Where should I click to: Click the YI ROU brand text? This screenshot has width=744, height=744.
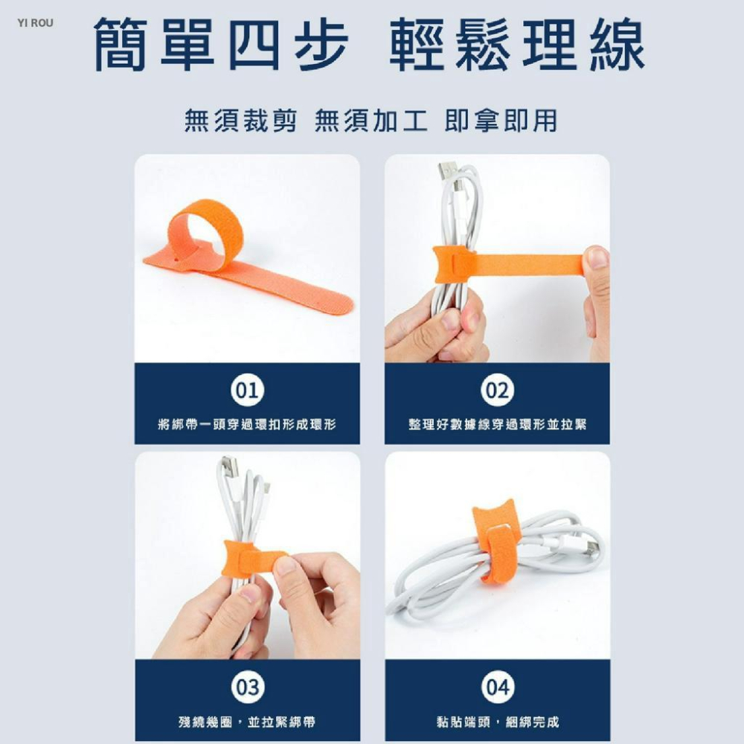pyautogui.click(x=36, y=23)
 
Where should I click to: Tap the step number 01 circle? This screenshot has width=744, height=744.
pyautogui.click(x=248, y=391)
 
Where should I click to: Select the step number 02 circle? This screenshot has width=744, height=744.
pyautogui.click(x=498, y=391)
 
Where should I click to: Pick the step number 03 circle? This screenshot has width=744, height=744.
pyautogui.click(x=248, y=688)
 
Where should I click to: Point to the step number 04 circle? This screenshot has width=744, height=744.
pyautogui.click(x=498, y=688)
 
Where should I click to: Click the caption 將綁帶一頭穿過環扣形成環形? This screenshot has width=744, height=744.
pyautogui.click(x=247, y=424)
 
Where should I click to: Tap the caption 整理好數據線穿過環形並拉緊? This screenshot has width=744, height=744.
pyautogui.click(x=497, y=424)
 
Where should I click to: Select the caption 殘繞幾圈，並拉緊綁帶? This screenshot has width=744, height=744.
pyautogui.click(x=247, y=722)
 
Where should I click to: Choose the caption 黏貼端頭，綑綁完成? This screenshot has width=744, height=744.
pyautogui.click(x=497, y=722)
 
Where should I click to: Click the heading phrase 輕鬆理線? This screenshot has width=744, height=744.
pyautogui.click(x=517, y=46)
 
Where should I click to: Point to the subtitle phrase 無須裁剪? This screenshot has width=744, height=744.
pyautogui.click(x=240, y=120)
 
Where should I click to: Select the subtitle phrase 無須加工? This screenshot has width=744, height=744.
pyautogui.click(x=371, y=120)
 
